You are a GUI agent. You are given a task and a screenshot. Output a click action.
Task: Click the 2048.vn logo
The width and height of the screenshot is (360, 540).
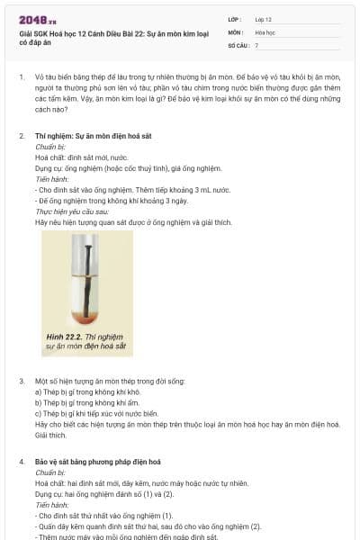38,21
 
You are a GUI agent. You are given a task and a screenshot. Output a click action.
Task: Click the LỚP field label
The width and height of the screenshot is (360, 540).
235,20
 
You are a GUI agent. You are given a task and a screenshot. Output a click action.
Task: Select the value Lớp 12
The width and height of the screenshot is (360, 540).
263,20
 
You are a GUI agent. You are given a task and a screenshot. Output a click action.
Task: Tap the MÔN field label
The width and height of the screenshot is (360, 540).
236,32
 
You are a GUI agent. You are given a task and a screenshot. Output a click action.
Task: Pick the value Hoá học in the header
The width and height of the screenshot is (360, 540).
265,32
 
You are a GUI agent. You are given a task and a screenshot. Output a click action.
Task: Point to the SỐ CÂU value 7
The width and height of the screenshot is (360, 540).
256,46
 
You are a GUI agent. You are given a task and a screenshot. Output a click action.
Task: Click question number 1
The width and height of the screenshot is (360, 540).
22,77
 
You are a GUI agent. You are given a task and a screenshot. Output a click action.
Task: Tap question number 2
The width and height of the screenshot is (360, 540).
22,136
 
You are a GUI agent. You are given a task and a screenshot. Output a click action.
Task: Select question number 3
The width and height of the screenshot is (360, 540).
22,382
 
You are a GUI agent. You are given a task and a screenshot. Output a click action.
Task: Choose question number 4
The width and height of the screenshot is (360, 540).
22,462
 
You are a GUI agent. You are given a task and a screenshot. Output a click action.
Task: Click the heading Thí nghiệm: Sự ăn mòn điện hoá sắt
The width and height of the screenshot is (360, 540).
94,136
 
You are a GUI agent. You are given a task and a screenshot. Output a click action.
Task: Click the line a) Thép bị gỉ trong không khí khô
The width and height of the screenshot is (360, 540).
87,391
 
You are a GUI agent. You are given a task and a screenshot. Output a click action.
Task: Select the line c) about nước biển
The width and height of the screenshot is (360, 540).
97,414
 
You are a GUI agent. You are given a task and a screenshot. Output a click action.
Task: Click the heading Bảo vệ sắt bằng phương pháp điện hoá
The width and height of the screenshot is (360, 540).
98,462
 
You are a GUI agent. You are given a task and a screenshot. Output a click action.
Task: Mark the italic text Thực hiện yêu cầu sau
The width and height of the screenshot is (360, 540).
72,211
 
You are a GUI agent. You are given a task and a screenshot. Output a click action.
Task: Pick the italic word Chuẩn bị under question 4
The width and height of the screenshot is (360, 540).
50,472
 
